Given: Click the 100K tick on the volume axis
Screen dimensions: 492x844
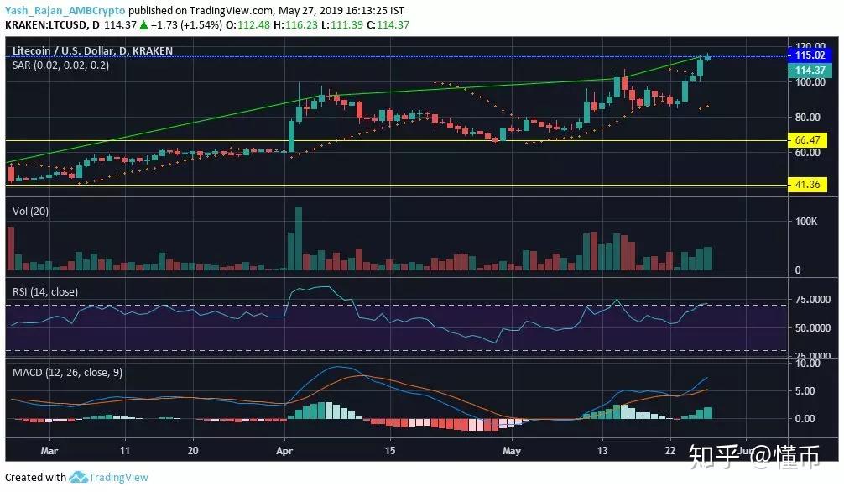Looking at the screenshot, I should [807, 222].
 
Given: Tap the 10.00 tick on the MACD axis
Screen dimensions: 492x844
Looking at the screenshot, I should [807, 364].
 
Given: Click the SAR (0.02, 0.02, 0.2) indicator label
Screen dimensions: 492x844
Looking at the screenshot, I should [60, 65].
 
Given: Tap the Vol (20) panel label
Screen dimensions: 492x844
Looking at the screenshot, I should [30, 212].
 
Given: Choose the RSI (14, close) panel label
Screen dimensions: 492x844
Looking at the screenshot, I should [44, 291].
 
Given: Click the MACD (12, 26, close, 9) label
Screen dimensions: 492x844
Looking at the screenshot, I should [67, 372].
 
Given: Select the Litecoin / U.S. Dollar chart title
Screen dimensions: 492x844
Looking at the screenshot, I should [92, 50].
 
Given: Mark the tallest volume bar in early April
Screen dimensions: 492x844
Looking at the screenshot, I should [298, 238].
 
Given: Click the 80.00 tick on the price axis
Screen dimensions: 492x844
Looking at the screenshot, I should [807, 117].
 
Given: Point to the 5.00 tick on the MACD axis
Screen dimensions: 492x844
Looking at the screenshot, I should [807, 391].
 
